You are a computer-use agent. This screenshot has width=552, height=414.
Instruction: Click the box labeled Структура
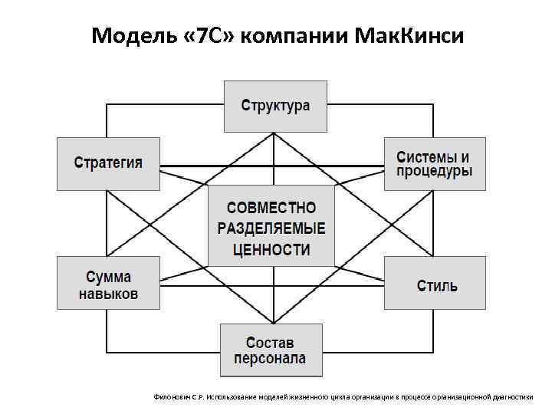276,106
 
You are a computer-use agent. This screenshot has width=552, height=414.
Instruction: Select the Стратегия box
108,163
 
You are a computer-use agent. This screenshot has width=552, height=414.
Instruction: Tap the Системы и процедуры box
434,163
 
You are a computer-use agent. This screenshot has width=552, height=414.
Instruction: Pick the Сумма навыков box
108,284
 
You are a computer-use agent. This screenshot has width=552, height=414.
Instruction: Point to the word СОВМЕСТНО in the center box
271,209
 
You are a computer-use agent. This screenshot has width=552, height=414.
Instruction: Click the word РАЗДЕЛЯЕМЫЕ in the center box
271,228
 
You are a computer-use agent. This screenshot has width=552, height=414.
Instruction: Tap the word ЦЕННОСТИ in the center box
271,249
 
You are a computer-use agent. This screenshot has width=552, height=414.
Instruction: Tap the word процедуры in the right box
434,172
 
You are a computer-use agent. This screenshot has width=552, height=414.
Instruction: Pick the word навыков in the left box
108,294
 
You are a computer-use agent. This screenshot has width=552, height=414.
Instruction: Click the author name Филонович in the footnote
171,397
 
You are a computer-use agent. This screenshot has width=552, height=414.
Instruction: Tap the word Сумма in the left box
108,277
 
